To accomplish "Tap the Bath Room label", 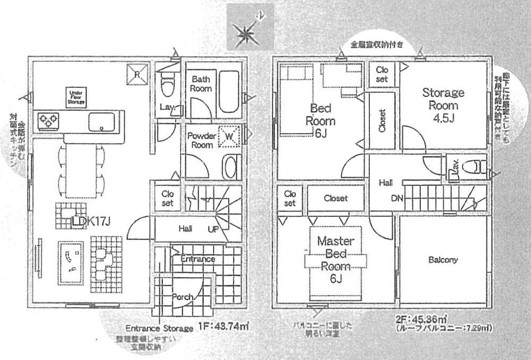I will tap(201, 84).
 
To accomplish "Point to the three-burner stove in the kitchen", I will tap(47, 122).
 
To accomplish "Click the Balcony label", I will tap(443, 260).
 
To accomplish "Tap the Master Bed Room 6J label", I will tap(335, 260).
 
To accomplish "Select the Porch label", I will tap(182, 297).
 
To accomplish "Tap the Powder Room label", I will tap(201, 140).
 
